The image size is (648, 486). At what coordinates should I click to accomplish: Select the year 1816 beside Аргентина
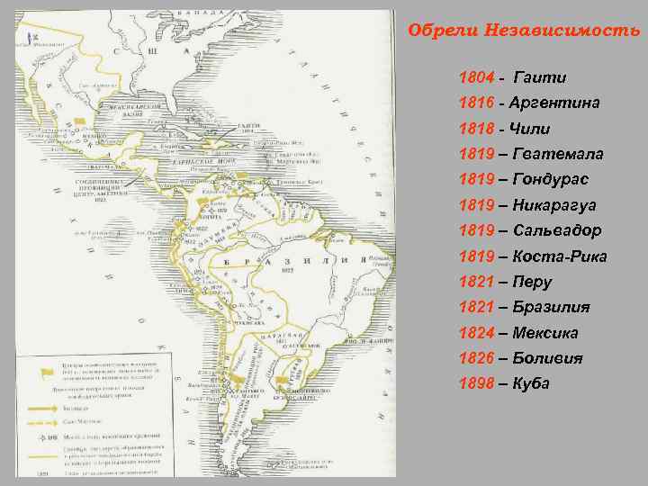476,103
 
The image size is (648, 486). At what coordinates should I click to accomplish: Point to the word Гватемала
558,155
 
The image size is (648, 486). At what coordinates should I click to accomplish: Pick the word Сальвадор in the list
558,231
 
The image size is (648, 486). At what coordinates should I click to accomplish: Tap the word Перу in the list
533,282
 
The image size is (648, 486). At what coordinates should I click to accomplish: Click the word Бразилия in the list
552,307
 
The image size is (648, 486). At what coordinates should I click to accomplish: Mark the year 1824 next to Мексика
476,333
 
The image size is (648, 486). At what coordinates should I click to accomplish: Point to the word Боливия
547,358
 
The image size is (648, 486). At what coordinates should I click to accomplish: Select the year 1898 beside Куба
476,383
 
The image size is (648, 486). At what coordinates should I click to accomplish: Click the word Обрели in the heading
434,30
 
